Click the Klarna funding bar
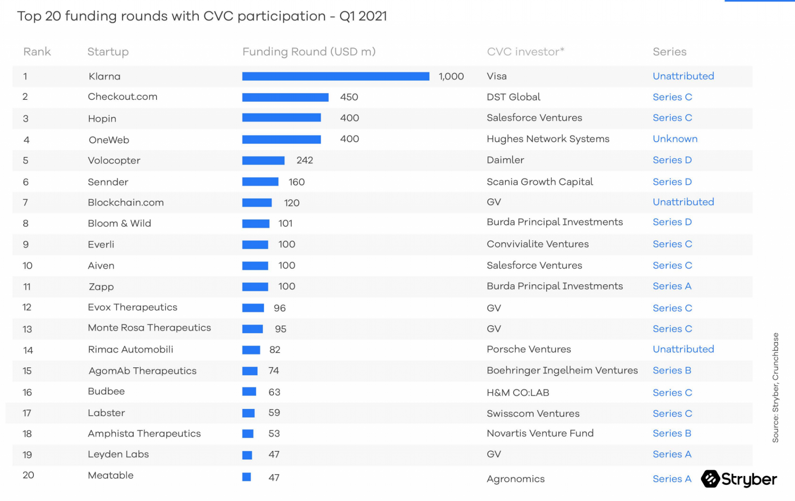(335, 77)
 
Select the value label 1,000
(451, 77)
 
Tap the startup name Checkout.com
(122, 97)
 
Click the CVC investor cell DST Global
(513, 97)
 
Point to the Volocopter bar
(263, 160)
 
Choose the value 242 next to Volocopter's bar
(304, 160)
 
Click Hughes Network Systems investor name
(548, 139)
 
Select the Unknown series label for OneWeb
(675, 139)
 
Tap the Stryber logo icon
(710, 479)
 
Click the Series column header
(669, 52)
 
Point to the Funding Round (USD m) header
(309, 52)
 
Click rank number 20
(28, 475)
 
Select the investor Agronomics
(516, 479)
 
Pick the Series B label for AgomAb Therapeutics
(672, 371)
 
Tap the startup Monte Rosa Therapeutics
(149, 328)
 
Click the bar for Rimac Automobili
(251, 350)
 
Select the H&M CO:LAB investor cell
(518, 393)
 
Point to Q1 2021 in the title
(363, 16)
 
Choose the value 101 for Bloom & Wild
(285, 223)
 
